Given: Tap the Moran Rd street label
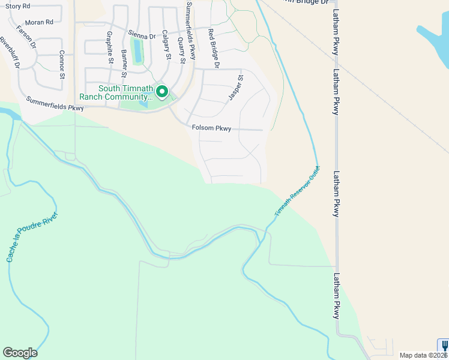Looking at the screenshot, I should coord(39,22).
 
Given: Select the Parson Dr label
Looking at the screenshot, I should coord(26,37).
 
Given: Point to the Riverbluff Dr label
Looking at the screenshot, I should coord(9,53).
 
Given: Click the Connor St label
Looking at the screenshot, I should coord(62,64).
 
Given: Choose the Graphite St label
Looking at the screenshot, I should coord(110,47).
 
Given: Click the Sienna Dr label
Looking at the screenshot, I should coord(141,35).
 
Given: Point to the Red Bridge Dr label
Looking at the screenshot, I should coord(214,47).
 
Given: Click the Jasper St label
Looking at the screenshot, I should coord(235,88).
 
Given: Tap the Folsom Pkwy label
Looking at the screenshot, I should coord(211,128).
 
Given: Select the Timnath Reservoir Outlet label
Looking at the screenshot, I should coord(297,191).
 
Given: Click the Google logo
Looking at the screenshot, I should coord(20,353).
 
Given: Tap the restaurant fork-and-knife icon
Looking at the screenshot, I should coord(444,346).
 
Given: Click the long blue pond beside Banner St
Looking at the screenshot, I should coord(138,50).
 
